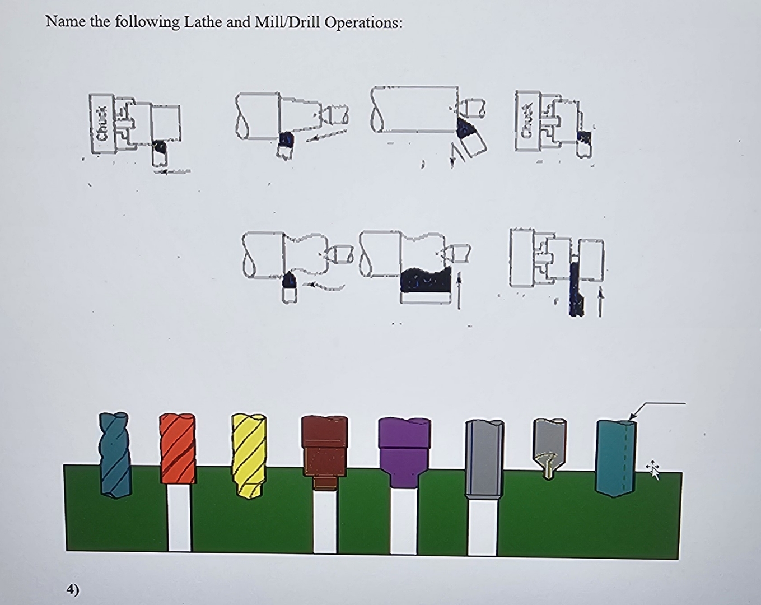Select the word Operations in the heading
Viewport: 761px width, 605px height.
(x=363, y=23)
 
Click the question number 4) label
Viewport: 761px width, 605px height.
(x=73, y=589)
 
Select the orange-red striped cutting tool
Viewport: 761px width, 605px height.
(x=178, y=448)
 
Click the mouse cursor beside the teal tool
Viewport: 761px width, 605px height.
(x=653, y=469)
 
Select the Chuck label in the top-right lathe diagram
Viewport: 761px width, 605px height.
(x=527, y=120)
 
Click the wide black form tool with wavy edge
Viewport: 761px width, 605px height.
(x=426, y=280)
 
